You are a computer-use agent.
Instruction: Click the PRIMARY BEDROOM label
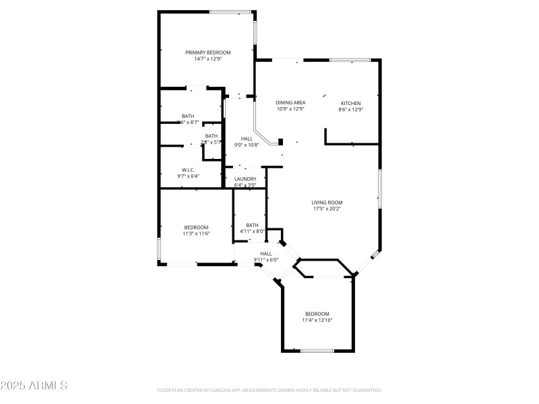coord(208,53)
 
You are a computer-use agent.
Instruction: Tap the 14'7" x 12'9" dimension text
coord(208,59)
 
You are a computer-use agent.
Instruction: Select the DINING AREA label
coord(290,102)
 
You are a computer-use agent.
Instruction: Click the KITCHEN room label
coord(350,103)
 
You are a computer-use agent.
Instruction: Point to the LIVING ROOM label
coord(327,202)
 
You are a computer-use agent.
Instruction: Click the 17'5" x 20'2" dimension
coord(327,209)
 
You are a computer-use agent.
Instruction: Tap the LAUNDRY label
coord(245,179)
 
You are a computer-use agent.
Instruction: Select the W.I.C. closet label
coord(188,170)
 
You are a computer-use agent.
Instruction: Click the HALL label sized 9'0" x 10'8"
coord(247,139)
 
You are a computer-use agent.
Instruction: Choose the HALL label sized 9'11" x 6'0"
coord(266,253)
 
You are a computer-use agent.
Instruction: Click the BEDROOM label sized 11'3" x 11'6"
coord(196,227)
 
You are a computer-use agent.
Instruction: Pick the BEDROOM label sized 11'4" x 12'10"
coord(317,314)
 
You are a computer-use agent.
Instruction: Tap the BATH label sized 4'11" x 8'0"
coord(252,225)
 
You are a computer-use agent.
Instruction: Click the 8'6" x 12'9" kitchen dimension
coord(350,109)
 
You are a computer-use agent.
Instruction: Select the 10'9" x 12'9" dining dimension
coord(290,109)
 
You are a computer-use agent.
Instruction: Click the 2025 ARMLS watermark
coord(34,386)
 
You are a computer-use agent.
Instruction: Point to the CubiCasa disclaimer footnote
coord(269,390)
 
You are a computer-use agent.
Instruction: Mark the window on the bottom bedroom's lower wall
coord(317,350)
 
